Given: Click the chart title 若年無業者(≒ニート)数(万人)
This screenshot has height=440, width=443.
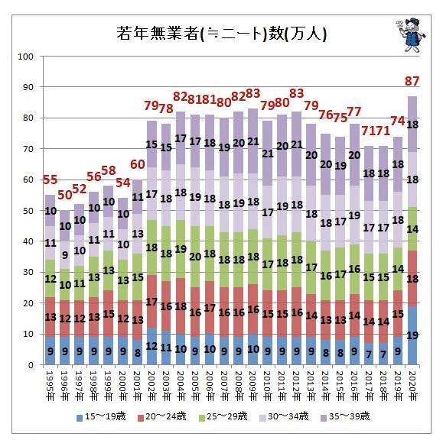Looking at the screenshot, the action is point(221,34).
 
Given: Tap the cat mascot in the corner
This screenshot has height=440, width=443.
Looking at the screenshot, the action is point(411,34).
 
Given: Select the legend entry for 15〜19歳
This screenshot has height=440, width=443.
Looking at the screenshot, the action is point(101,416).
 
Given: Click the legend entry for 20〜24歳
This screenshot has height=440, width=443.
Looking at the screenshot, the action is point(162,416).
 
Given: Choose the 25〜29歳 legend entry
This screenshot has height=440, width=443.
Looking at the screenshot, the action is point(223,416).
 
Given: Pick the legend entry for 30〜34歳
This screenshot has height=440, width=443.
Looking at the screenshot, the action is point(284,416).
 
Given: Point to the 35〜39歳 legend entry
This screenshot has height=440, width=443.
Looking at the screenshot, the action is point(345,416).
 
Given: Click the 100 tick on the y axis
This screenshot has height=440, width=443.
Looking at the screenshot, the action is point(25,57).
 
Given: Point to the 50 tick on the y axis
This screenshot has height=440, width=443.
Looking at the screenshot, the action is point(28,211).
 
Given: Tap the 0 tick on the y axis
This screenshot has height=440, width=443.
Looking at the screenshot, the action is point(31,365).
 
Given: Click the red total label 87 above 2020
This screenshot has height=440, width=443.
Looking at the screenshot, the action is point(412,81).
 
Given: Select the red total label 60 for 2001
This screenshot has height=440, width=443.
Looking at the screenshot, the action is point(137,164).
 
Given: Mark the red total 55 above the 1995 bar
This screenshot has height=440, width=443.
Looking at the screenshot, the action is point(50,180).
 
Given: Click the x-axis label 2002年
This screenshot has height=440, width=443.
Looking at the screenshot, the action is point(152,386).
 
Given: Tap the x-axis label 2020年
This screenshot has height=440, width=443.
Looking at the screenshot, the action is point(412,386).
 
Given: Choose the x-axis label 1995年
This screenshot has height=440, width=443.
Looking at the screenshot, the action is point(50,386).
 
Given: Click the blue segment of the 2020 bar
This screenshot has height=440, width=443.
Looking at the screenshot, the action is point(412,335).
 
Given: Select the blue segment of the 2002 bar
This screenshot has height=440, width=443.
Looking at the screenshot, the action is point(152,346).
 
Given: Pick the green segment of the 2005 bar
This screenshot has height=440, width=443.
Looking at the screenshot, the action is point(195,257).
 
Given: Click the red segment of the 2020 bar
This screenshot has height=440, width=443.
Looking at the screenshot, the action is point(412,278).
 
